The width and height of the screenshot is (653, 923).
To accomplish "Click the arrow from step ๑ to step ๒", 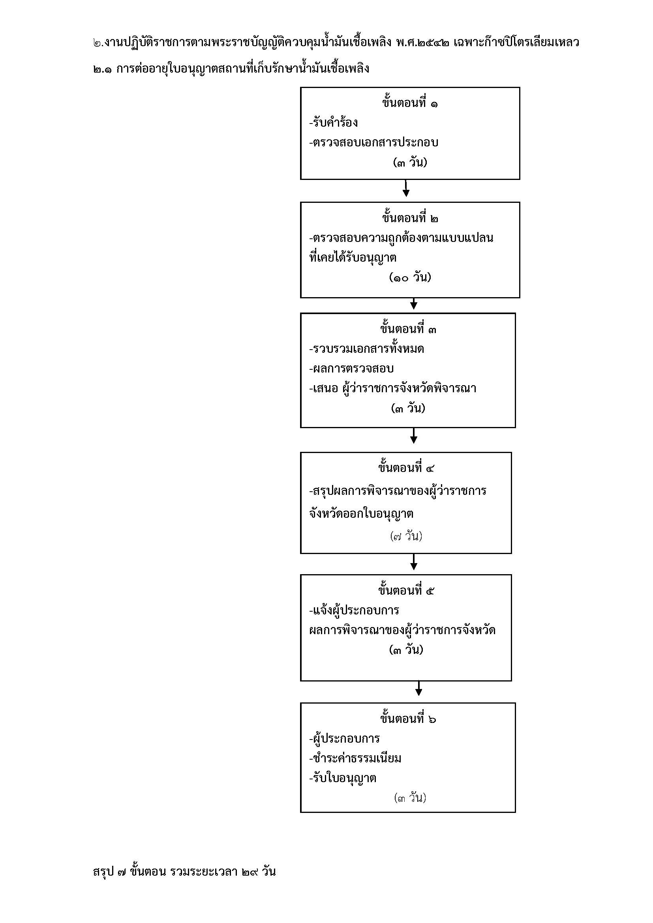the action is [x=406, y=188].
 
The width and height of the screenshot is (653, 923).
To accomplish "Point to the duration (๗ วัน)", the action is [x=406, y=536].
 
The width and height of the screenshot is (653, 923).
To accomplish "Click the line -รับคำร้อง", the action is [x=333, y=123].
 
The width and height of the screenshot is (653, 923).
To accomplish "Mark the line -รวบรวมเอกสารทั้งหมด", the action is [x=366, y=348].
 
